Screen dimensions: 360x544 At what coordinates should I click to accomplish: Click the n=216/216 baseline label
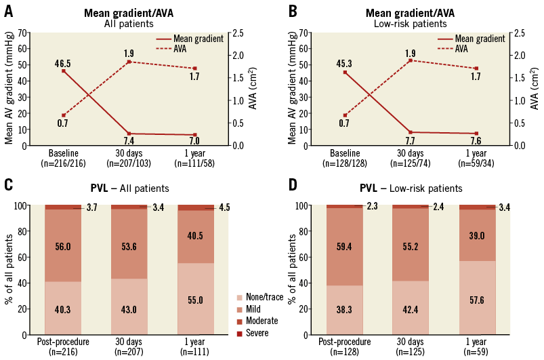pyautogui.click(x=63, y=163)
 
